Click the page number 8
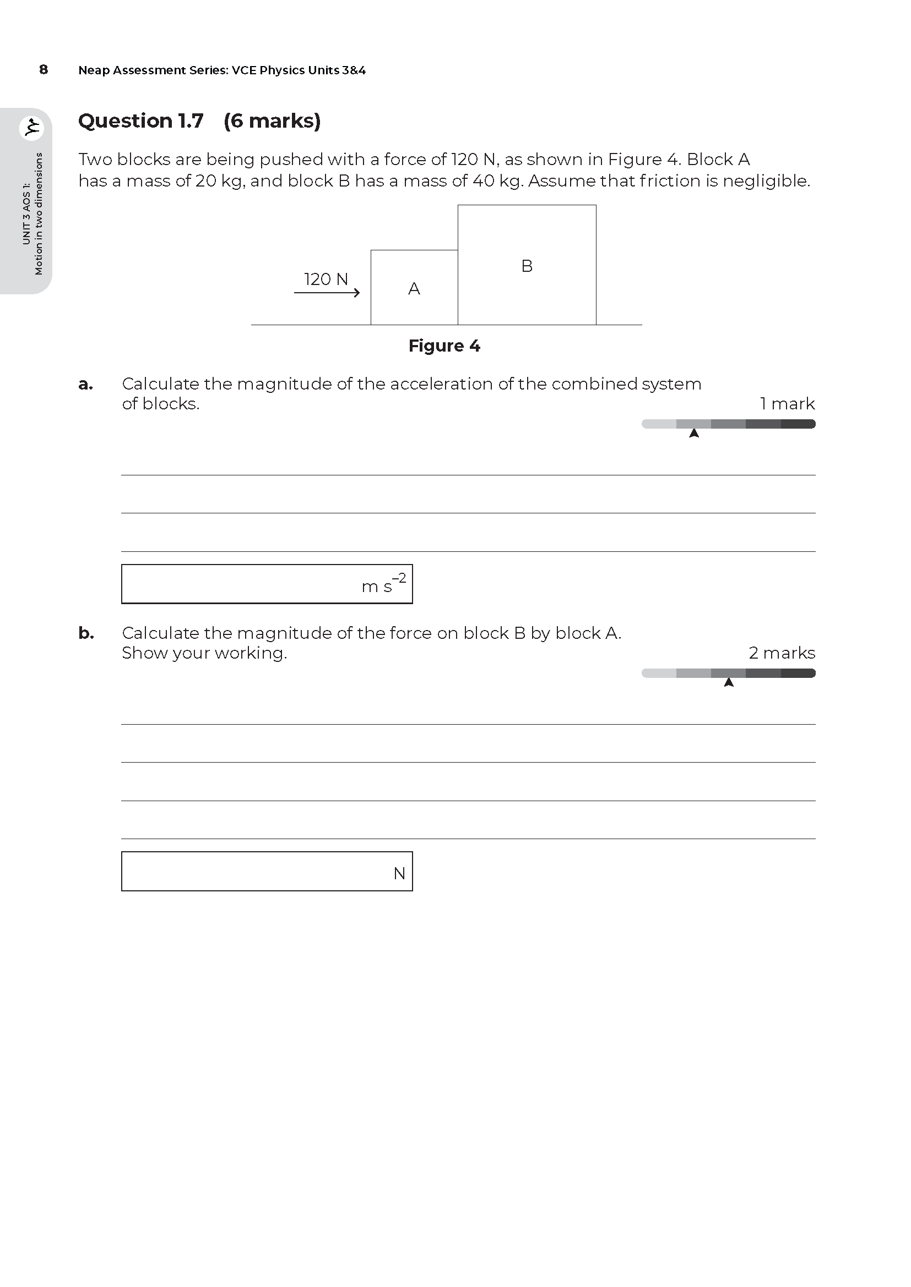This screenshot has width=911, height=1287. click(x=43, y=69)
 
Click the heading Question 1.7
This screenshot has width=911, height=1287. click(x=140, y=121)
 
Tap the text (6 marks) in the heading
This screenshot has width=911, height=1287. click(x=272, y=121)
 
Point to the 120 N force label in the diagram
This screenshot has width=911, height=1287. click(x=326, y=279)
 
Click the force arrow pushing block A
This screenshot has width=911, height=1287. click(x=327, y=293)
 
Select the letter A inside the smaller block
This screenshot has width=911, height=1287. click(x=414, y=289)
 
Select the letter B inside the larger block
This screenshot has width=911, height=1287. click(x=527, y=266)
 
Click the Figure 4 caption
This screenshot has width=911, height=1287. click(x=444, y=346)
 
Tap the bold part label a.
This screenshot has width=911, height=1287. click(x=85, y=385)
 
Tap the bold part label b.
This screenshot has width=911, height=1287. click(x=86, y=633)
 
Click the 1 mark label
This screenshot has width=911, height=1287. click(x=787, y=403)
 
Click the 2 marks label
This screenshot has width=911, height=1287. click(x=782, y=653)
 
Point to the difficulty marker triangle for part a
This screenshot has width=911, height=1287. click(x=694, y=433)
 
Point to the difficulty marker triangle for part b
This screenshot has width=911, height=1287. click(x=729, y=682)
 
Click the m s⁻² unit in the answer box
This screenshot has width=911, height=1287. click(x=384, y=585)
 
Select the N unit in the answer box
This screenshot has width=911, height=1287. click(x=399, y=873)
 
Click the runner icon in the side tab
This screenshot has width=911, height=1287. click(x=31, y=128)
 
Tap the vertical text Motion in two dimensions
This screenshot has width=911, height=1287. click(x=39, y=213)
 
